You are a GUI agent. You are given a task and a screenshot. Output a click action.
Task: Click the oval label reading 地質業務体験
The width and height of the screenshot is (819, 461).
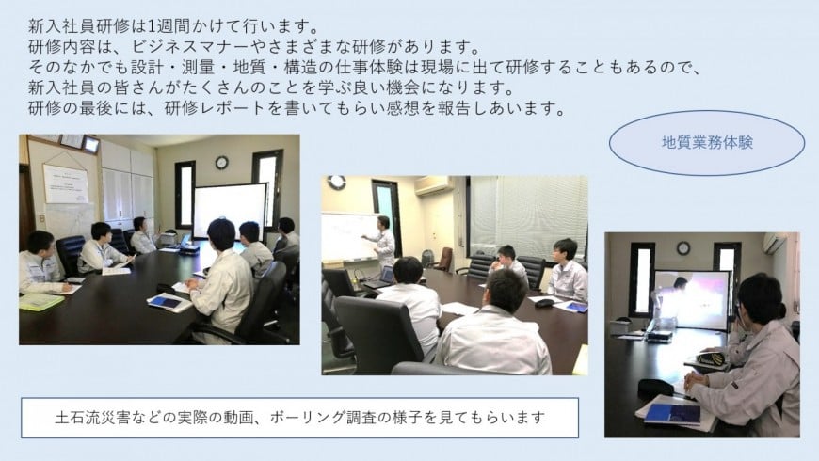click(707, 142)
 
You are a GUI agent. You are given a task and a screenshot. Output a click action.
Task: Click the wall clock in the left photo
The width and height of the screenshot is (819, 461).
click(221, 163)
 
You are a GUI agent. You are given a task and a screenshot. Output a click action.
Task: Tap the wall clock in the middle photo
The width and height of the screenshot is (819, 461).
click(337, 182)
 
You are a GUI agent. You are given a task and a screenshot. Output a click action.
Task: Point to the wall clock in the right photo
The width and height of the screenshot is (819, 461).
click(683, 248)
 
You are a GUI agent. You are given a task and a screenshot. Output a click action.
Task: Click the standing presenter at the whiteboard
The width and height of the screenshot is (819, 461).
click(384, 242)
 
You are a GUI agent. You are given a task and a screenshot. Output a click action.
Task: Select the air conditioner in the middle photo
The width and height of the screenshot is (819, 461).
click(434, 184)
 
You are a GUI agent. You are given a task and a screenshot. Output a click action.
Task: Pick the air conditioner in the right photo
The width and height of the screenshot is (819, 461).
click(774, 242)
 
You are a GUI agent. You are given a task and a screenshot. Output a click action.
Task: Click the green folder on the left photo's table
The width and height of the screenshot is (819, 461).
click(40, 301)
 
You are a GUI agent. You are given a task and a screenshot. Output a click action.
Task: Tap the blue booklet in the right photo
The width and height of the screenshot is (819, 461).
click(673, 415)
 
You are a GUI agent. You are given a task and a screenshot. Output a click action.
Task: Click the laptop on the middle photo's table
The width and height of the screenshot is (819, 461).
click(380, 278)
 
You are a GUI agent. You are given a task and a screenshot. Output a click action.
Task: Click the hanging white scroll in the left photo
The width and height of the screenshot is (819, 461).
click(65, 183)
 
